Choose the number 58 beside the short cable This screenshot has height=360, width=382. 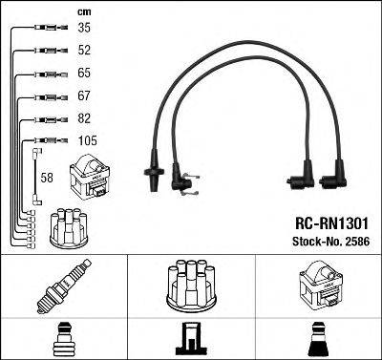pos(48,178)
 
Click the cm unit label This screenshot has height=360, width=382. pos(56,11)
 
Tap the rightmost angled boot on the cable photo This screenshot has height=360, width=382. pos(334,177)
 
